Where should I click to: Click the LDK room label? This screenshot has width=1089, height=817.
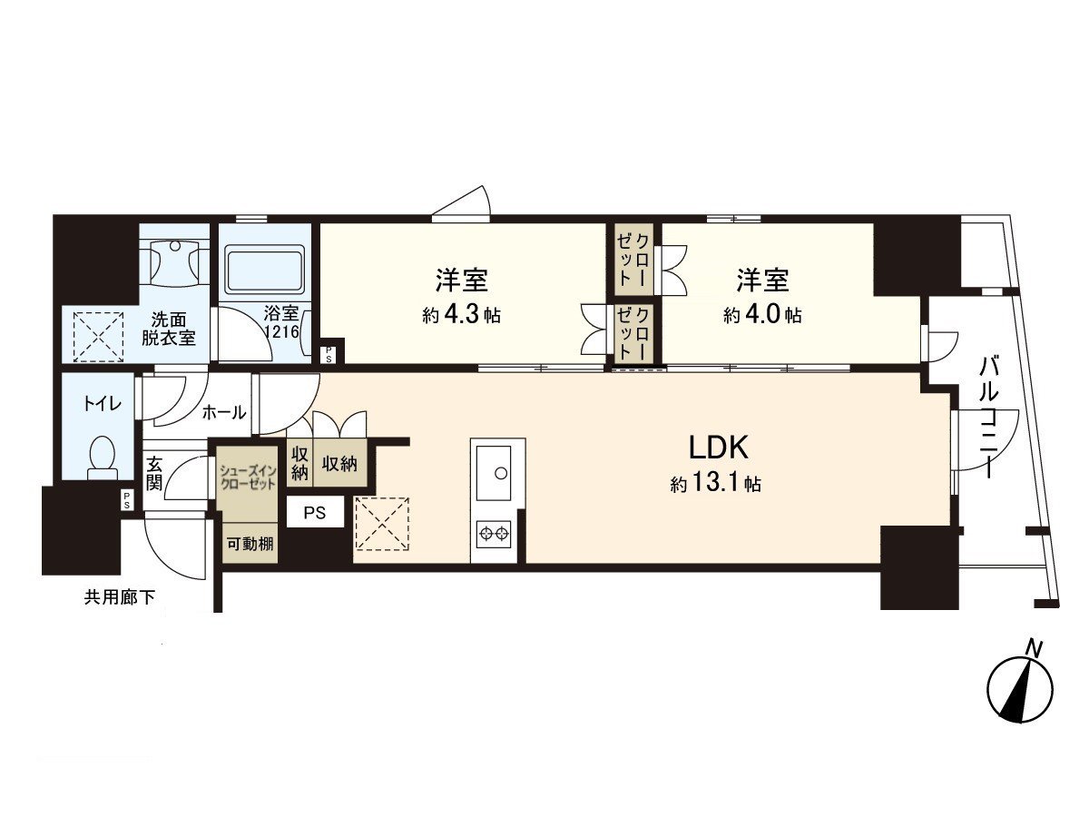(717, 448)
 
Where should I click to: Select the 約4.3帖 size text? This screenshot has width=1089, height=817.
(462, 316)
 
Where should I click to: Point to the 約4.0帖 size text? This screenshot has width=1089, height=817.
(761, 316)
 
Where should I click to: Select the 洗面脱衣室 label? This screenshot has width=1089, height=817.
(172, 330)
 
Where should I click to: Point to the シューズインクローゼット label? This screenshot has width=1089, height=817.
(248, 477)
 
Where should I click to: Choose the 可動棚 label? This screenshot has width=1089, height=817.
(248, 545)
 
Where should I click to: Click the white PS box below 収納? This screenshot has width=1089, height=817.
(315, 513)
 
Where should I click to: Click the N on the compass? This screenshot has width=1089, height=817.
(1033, 648)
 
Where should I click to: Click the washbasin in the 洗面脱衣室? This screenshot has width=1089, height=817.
(176, 259)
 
